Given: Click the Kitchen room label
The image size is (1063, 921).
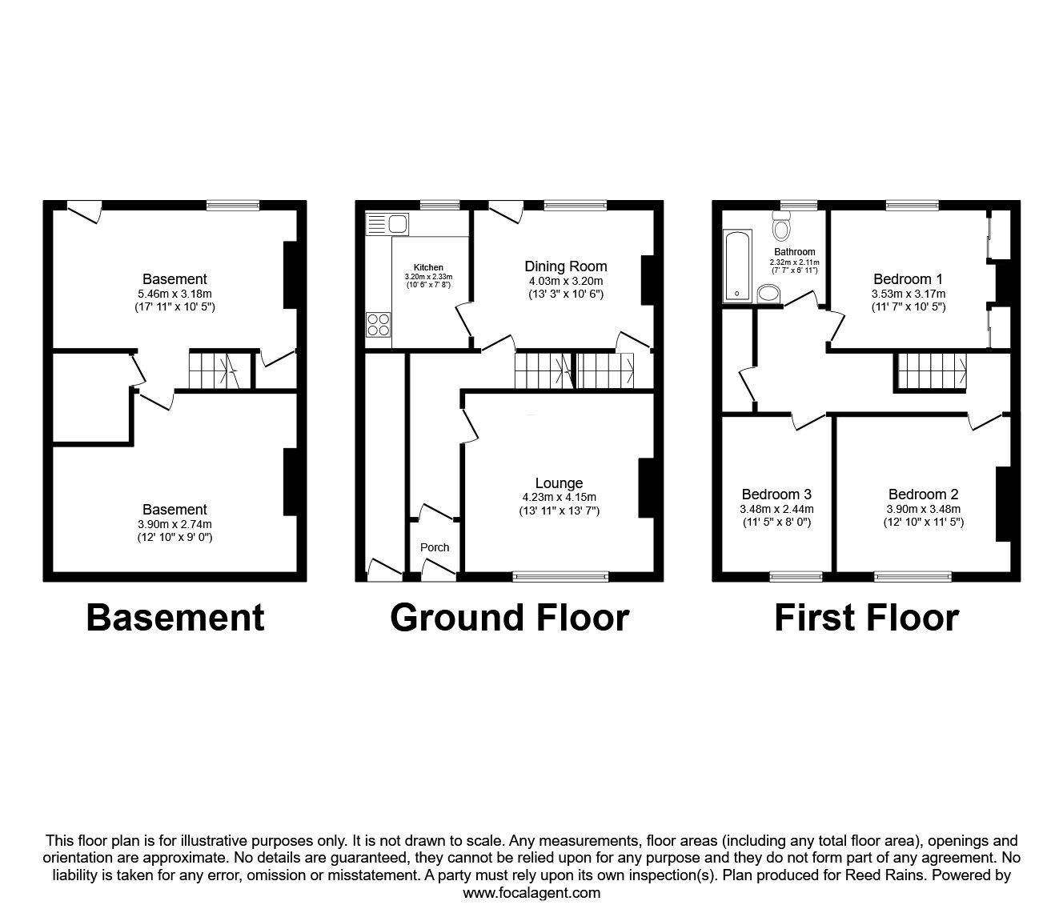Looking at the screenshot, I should click(428, 267).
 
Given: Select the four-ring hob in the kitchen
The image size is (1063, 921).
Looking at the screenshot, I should click(379, 324).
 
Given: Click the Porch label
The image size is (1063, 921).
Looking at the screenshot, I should click(435, 547).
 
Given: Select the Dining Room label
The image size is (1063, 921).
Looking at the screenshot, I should click(565, 266).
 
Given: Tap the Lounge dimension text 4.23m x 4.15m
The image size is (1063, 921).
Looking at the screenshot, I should click(559, 497).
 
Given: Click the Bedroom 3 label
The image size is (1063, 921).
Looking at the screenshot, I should click(776, 494).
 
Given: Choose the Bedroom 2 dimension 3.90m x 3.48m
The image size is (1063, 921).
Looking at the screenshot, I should click(923, 509).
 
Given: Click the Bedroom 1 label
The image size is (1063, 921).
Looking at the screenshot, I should click(908, 279).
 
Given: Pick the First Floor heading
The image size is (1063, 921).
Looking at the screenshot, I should click(866, 618).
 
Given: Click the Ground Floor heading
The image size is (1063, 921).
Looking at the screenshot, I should click(509, 618).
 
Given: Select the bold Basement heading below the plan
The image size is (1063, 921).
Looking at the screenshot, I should click(174, 618).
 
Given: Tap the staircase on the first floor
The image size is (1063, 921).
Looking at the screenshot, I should click(931, 371).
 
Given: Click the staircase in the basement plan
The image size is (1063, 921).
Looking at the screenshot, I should click(215, 370).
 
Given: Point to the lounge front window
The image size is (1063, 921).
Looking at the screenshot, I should click(560, 575).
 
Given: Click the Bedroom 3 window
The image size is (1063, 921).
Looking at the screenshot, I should click(796, 575).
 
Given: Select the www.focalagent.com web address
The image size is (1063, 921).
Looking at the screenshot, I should click(531, 893).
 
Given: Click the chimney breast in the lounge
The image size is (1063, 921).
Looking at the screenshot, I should click(645, 488).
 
